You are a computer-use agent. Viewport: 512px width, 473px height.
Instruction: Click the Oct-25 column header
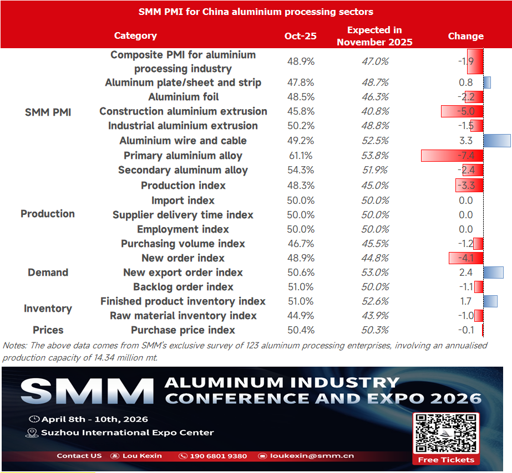click(300, 36)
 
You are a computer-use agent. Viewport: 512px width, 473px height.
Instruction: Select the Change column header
click(465, 36)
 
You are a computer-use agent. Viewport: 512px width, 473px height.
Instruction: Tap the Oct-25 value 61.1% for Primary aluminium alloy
click(300, 156)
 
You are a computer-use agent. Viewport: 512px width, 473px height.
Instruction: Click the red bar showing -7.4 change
click(452, 156)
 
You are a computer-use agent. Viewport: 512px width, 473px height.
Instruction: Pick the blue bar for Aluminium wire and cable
click(496, 141)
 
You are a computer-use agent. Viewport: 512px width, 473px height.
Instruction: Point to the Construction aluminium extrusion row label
click(183, 111)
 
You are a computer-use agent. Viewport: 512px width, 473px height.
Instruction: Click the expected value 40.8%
click(375, 111)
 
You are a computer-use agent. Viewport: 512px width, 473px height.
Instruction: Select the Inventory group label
click(48, 309)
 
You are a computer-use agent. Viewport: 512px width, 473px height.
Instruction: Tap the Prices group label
click(48, 330)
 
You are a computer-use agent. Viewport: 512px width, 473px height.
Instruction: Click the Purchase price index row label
click(183, 330)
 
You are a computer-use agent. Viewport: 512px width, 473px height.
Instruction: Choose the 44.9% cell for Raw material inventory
click(300, 316)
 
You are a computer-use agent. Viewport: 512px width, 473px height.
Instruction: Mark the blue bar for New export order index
click(493, 273)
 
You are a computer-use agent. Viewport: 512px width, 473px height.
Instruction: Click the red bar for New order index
click(465, 258)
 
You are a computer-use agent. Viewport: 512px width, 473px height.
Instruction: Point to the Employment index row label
click(183, 229)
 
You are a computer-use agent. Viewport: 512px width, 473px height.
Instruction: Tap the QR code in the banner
click(447, 433)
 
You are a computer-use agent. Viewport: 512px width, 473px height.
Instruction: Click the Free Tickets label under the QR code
click(447, 460)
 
